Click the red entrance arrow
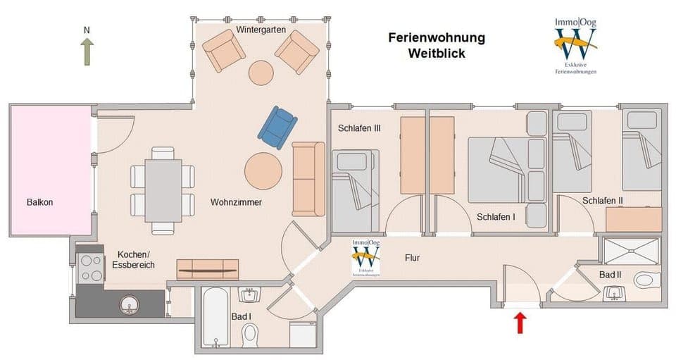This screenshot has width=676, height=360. pos(520,323)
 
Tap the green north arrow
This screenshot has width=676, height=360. pos(87,51)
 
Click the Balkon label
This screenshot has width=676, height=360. pos(40,202)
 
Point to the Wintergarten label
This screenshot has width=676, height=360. pos(260,30)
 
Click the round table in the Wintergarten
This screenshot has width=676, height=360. pos(261,73)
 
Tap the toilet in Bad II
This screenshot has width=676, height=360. pos(646,280)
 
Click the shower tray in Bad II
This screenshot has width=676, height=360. pos(631,250)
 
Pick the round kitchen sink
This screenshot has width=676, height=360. pos(129,304)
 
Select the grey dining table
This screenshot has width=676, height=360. pos(163,190)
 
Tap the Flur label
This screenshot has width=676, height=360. pos(413,258)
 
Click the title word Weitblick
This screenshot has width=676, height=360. pos(437,53)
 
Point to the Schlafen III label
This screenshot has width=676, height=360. pos(359,128)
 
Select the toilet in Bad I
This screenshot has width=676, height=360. pos(250,333)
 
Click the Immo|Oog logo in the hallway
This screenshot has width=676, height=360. pos(365,259)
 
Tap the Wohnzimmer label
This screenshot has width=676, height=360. pos(236,202)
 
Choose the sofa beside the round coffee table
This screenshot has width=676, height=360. pos(308,179)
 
